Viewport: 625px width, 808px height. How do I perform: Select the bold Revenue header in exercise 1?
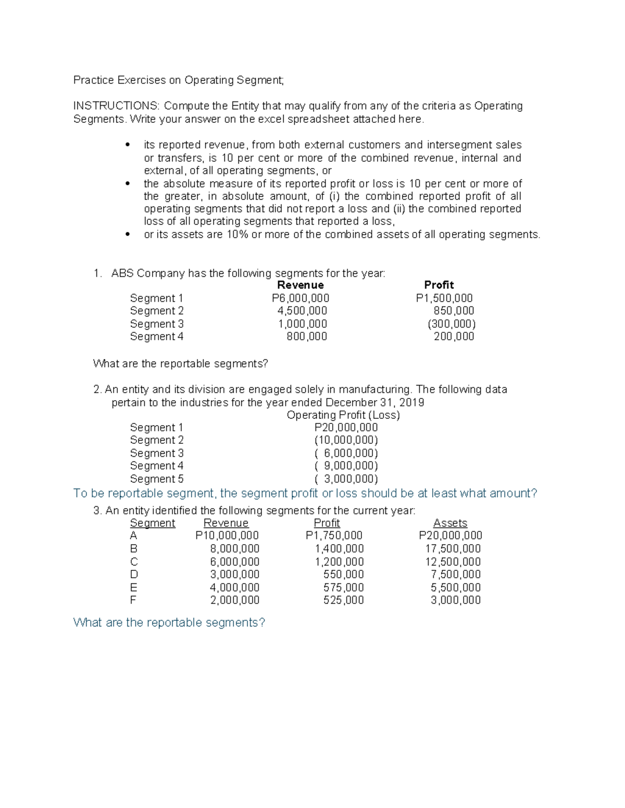[x=301, y=285]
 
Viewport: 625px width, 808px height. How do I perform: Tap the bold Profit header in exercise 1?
[x=439, y=285]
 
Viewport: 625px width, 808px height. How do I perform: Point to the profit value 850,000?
[x=454, y=311]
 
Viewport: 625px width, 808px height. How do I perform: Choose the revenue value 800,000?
[x=307, y=337]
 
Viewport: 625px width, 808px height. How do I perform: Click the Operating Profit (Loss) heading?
[x=343, y=415]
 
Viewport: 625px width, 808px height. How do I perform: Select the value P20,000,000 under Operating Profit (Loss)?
[x=346, y=428]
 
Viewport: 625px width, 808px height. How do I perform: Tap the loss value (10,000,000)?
[x=346, y=440]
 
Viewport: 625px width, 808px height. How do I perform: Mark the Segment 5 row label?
[x=156, y=479]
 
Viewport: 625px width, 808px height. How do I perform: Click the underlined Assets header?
[x=450, y=523]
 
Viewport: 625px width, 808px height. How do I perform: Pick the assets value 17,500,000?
[x=453, y=548]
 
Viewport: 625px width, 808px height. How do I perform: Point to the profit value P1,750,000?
[x=334, y=535]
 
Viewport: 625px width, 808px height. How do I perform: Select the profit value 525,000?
[x=343, y=600]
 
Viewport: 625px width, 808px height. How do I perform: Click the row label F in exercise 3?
[x=133, y=600]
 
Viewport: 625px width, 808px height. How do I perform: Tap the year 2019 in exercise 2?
[x=411, y=403]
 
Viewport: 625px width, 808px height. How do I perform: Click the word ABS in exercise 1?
[x=122, y=274]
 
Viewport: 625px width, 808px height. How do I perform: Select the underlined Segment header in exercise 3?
[x=152, y=523]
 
